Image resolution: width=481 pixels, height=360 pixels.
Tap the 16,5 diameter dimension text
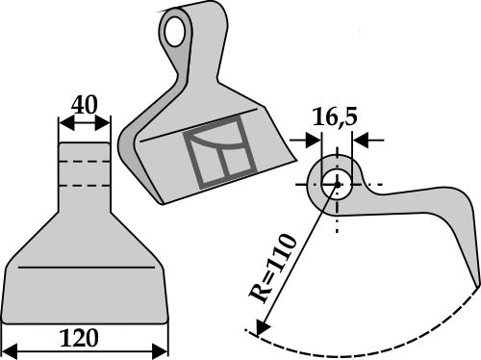334,118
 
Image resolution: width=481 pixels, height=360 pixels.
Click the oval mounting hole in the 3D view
174,31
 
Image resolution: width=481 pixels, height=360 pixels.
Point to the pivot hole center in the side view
337,182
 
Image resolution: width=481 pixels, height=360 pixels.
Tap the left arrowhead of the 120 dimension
10,347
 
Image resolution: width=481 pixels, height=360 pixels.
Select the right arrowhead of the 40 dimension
107,124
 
